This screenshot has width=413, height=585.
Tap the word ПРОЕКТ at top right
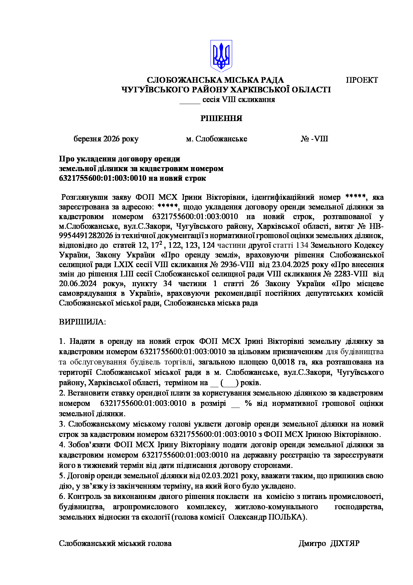tap(362, 80)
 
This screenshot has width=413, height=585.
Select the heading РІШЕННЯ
tap(221, 118)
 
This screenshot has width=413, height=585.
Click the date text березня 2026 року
tap(106, 139)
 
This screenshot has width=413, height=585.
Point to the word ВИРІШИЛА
tap(82, 322)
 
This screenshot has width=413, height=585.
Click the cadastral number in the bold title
tap(103, 178)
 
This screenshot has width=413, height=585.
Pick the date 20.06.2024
tap(78, 284)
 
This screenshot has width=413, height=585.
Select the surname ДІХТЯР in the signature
tap(345, 543)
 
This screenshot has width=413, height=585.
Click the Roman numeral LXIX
tap(124, 265)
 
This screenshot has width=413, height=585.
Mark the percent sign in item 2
tap(248, 403)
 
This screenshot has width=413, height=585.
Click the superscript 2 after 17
tap(161, 243)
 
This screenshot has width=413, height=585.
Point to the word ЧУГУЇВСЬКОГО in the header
tap(152, 90)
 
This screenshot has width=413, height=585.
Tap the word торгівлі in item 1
tap(181, 362)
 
